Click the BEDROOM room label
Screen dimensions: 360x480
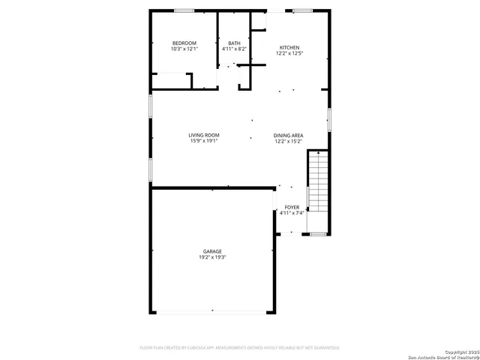[x=184, y=43]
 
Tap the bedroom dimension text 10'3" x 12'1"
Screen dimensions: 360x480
[x=184, y=49]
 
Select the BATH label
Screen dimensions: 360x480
[x=235, y=43]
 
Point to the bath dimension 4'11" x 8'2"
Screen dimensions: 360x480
[x=235, y=49]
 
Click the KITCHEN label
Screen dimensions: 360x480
[x=289, y=46]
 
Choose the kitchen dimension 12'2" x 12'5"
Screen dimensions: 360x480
[x=289, y=53]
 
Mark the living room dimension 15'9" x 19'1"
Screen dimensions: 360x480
[x=204, y=141]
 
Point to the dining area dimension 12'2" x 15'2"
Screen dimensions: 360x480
[x=288, y=141]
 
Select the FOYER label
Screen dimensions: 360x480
[x=292, y=206]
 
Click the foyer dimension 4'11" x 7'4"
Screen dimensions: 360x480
[x=292, y=213]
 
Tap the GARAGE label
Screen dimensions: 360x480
[x=212, y=250]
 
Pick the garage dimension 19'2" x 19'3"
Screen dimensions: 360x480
[x=212, y=257]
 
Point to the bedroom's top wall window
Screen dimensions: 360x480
[x=184, y=10]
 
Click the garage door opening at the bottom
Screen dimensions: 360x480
[x=213, y=311]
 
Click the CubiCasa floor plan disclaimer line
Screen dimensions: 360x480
[x=240, y=348]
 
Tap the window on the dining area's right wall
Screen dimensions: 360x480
[x=328, y=120]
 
